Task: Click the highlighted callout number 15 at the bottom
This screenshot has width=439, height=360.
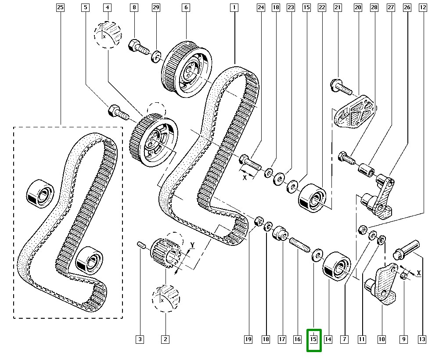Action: (313, 339)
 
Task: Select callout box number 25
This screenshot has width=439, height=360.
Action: (60, 7)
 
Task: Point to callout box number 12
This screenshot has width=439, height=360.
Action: (422, 7)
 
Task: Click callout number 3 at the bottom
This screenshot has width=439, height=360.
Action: (140, 339)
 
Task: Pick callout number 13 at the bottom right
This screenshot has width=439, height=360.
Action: (422, 339)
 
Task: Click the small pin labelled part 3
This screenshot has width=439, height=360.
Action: (141, 245)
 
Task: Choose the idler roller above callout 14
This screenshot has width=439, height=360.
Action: (337, 265)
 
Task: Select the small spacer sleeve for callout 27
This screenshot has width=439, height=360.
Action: (365, 169)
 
